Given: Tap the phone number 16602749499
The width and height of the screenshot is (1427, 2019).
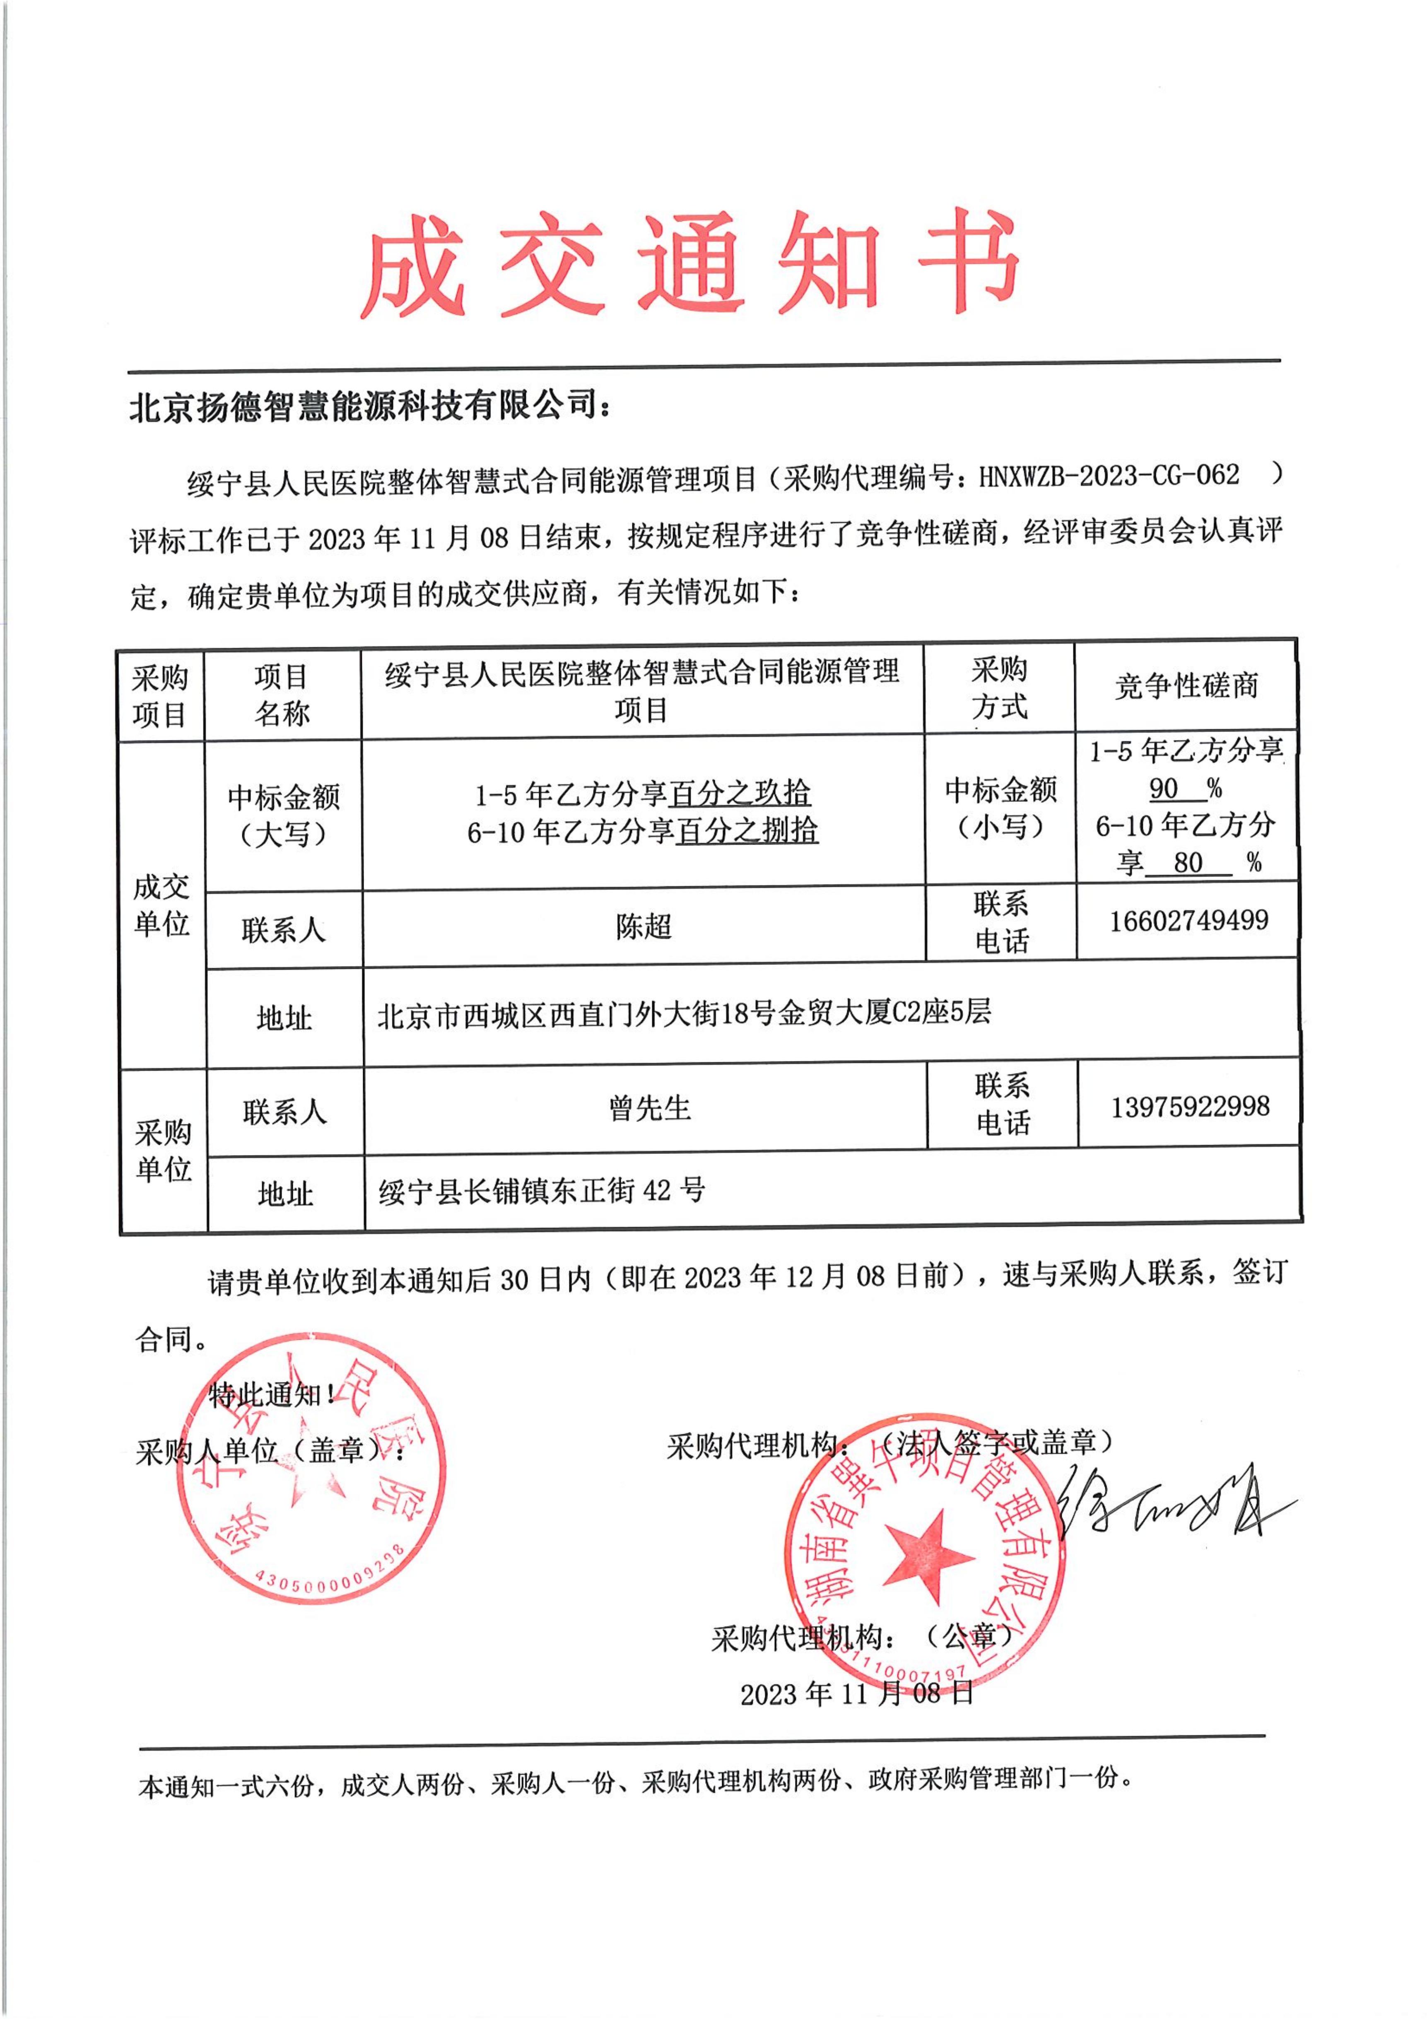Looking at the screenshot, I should [1188, 921].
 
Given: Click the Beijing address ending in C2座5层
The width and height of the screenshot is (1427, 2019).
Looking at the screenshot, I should [684, 1013].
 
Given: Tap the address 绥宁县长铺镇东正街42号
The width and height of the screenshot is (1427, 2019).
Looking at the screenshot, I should [542, 1191].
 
